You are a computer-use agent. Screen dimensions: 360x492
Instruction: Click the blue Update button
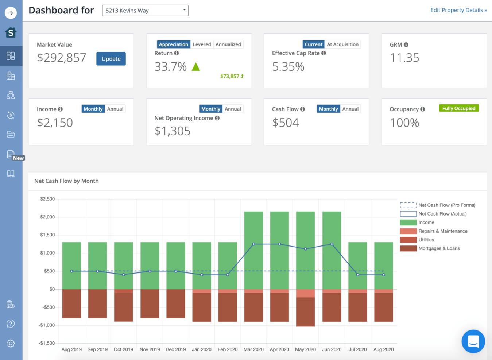[x=111, y=59]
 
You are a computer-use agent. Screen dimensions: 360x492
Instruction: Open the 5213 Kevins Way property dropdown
[x=145, y=11]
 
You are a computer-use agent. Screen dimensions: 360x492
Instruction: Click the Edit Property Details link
[x=458, y=10]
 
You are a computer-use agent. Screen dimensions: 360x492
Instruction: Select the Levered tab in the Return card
[x=202, y=44]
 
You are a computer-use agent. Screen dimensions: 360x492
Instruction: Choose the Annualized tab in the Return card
[x=228, y=44]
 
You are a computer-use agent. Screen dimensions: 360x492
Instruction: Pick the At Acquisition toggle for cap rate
[x=342, y=44]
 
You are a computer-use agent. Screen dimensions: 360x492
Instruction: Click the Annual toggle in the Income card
[x=115, y=109]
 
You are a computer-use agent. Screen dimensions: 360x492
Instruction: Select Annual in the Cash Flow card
[x=350, y=109]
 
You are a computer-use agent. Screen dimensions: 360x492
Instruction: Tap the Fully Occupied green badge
[x=458, y=108]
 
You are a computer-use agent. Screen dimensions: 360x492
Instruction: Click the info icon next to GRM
[x=406, y=44]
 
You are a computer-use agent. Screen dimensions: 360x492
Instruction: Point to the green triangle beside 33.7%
[x=196, y=67]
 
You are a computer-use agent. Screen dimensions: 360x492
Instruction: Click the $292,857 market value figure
[x=62, y=58]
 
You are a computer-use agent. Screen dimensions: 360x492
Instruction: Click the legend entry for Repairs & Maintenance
[x=442, y=231]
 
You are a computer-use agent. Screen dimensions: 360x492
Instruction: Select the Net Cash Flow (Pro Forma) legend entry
[x=446, y=205]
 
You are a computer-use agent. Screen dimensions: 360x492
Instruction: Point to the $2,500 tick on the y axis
[x=47, y=199]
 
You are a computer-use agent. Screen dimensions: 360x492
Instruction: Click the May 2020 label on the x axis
[x=305, y=349]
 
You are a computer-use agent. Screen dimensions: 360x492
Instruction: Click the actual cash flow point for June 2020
[x=332, y=244]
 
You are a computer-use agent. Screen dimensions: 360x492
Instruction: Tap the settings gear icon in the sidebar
[x=11, y=343]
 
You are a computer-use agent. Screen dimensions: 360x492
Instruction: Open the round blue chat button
[x=473, y=341]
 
